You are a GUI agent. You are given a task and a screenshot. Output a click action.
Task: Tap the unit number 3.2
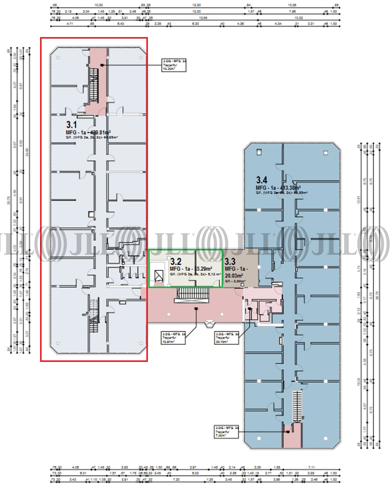[x=176, y=261]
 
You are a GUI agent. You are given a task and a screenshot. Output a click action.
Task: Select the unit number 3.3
[x=230, y=261]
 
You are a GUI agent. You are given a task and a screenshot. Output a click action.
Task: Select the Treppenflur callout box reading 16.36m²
[x=174, y=65]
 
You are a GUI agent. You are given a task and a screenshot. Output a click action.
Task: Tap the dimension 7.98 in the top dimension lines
[x=292, y=12]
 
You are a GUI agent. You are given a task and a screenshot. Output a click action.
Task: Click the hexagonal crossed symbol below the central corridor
[x=210, y=324]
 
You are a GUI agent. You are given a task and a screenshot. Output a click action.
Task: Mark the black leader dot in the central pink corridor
[x=196, y=309]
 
